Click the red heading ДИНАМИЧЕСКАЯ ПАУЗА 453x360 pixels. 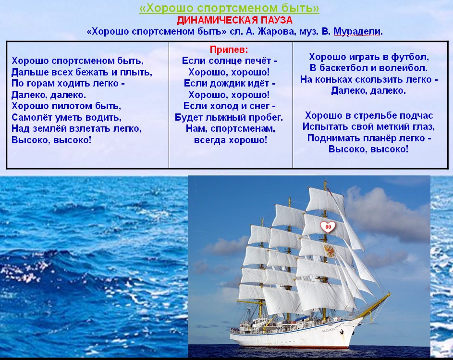pyautogui.click(x=234, y=20)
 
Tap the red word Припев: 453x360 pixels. pyautogui.click(x=229, y=50)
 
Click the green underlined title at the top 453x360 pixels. pyautogui.click(x=229, y=8)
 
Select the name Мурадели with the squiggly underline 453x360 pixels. pyautogui.click(x=358, y=31)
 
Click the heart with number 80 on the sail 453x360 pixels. pyautogui.click(x=328, y=227)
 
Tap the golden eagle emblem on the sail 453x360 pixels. pyautogui.click(x=329, y=250)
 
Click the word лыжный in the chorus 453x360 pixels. pyautogui.click(x=226, y=117)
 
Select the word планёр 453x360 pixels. pyautogui.click(x=376, y=138)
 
